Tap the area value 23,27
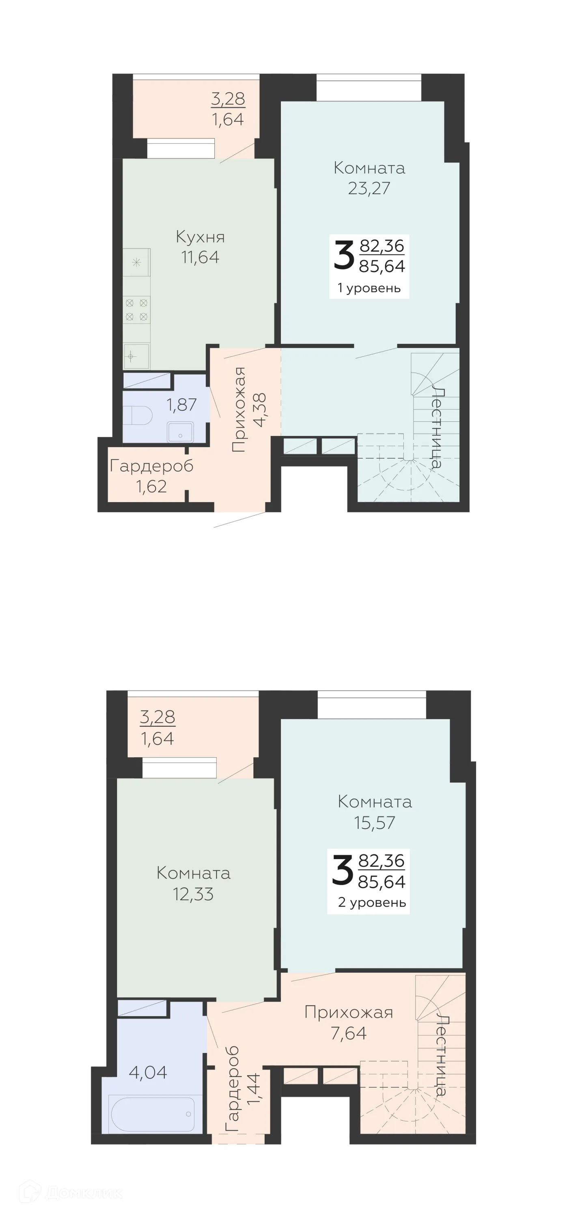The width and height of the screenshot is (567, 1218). (x=369, y=188)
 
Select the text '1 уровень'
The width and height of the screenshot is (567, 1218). (x=369, y=288)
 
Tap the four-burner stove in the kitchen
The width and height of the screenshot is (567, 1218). (x=136, y=309)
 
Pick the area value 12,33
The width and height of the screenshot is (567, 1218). (x=193, y=894)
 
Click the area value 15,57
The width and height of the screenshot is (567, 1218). (x=374, y=823)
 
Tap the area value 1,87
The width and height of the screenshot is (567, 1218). (x=181, y=405)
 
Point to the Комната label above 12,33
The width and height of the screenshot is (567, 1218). (x=193, y=873)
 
